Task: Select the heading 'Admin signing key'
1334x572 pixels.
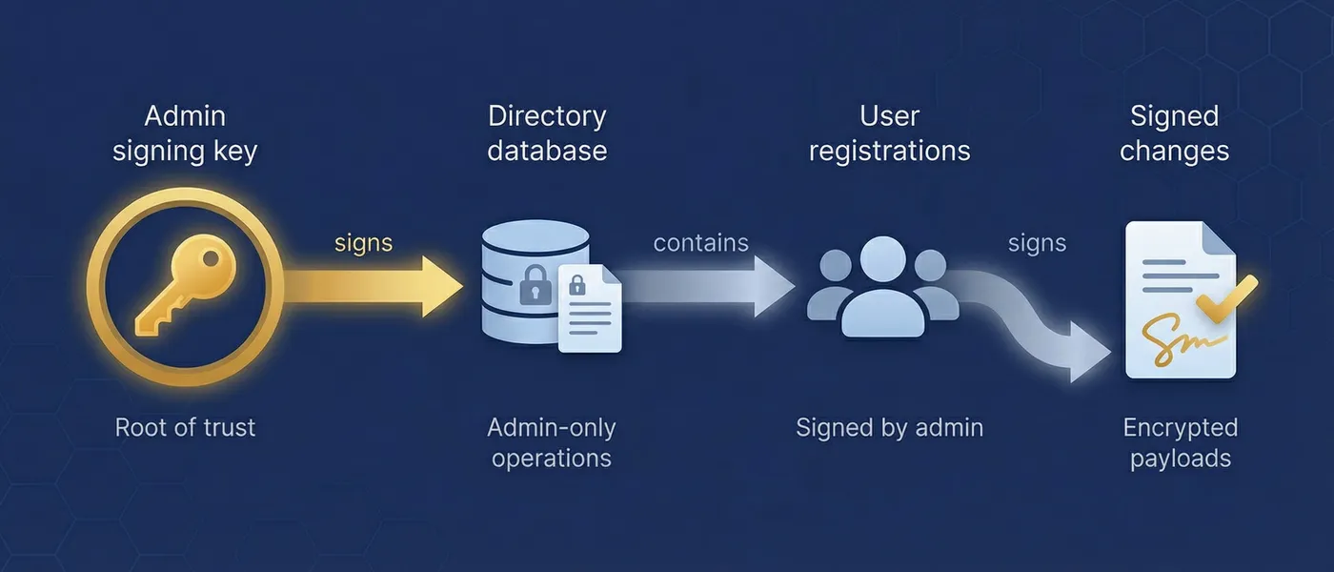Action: (185, 133)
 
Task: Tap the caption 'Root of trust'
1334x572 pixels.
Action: (185, 427)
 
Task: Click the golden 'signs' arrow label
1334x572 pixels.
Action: (363, 243)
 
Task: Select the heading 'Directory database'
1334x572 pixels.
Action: (547, 133)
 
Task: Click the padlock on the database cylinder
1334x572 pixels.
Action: (534, 286)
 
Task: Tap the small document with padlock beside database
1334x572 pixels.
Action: (590, 310)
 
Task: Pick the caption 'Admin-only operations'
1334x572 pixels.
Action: (551, 442)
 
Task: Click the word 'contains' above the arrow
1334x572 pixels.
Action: (700, 243)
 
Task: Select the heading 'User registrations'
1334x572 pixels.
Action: (889, 133)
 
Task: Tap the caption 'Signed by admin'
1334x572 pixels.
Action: (889, 427)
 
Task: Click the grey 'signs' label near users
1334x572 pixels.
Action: (1037, 243)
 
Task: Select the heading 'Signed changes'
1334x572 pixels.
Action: (1174, 133)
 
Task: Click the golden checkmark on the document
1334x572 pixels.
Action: (1225, 300)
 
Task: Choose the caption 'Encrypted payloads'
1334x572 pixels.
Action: (1180, 442)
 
